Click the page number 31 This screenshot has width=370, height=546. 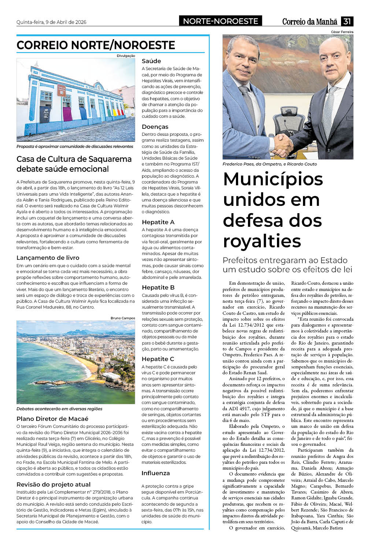pyautogui.click(x=347, y=21)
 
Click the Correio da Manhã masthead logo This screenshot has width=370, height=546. pyautogui.click(x=310, y=22)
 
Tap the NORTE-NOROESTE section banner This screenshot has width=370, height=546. pyautogui.click(x=221, y=21)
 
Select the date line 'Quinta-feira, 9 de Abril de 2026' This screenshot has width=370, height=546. pyautogui.click(x=51, y=22)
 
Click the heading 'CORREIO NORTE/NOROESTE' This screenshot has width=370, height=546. pyautogui.click(x=96, y=45)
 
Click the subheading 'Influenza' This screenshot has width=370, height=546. pyautogui.click(x=156, y=473)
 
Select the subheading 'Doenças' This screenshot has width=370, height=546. pyautogui.click(x=155, y=127)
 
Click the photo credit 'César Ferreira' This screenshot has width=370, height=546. pyautogui.click(x=342, y=32)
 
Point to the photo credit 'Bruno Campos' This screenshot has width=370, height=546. pyautogui.click(x=123, y=318)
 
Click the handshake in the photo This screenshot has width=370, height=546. pyautogui.click(x=282, y=144)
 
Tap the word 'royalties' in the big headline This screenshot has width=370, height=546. pyautogui.click(x=262, y=241)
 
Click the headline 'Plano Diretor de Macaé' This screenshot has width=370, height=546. pyautogui.click(x=52, y=419)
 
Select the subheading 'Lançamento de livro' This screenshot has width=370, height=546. pyautogui.click(x=48, y=258)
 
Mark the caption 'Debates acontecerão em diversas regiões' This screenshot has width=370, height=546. pyautogui.click(x=59, y=409)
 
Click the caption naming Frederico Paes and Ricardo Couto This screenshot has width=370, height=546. pyautogui.click(x=270, y=164)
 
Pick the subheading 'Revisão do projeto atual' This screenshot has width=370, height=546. pyautogui.click(x=53, y=484)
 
